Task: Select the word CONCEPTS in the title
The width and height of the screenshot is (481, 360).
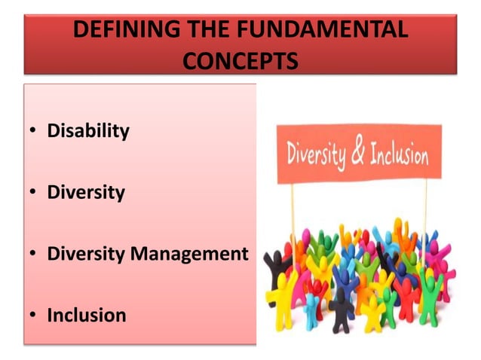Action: (x=240, y=59)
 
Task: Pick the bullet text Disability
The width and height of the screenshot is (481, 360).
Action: (x=88, y=131)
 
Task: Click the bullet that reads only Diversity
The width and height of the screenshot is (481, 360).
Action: (x=86, y=192)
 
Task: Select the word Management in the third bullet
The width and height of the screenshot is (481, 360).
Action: (x=189, y=254)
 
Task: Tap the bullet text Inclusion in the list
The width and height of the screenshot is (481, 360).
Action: (x=87, y=315)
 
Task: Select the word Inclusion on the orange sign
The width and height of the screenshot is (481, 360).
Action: (x=397, y=154)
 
